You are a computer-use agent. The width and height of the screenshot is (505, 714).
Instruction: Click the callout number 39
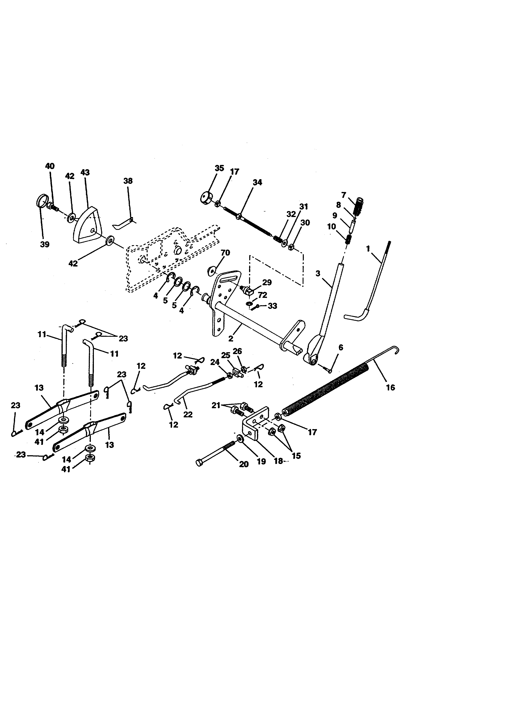pos(45,245)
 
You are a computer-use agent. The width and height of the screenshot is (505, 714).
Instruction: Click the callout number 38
pos(128,181)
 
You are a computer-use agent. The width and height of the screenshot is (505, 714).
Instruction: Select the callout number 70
pos(225,253)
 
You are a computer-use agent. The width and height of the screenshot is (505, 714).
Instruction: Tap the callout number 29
pos(267,282)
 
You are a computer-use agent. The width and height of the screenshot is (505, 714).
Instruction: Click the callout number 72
pos(262,295)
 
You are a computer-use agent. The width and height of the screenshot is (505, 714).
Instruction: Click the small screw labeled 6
pos(328,370)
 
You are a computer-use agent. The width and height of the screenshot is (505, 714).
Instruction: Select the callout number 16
pos(390,387)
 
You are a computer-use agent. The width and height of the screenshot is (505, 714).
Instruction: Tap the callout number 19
pos(261,462)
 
